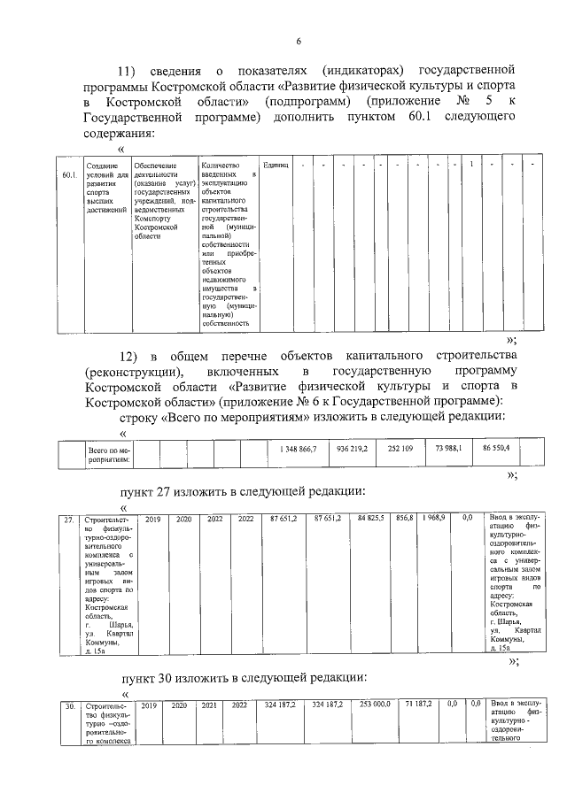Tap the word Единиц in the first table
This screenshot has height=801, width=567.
(x=276, y=166)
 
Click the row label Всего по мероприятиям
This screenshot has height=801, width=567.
(x=109, y=455)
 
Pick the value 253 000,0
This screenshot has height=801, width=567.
(x=375, y=705)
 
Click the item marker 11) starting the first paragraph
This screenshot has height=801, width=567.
(x=130, y=70)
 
